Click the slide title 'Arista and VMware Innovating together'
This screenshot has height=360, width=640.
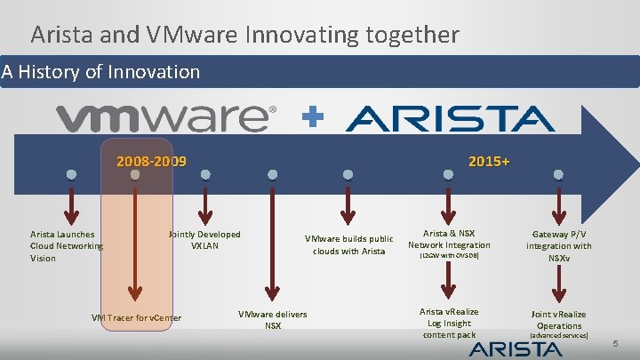click(x=244, y=35)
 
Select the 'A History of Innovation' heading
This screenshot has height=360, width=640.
click(x=101, y=71)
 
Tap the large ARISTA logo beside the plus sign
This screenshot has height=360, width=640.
click(x=450, y=118)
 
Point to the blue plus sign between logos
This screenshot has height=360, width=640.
click(x=311, y=117)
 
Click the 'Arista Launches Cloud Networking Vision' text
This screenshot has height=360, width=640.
click(x=67, y=246)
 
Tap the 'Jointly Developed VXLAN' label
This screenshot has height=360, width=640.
click(x=204, y=240)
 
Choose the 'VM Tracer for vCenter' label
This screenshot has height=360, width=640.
click(x=136, y=318)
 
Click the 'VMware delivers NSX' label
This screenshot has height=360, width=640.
click(x=273, y=320)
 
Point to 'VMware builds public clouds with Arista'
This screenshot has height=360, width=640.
click(x=348, y=244)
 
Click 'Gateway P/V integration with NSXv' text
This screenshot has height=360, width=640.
click(x=559, y=245)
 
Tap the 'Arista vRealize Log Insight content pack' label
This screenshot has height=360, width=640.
click(x=449, y=323)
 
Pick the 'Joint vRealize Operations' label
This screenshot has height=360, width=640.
click(x=559, y=320)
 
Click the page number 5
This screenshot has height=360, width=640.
click(x=618, y=343)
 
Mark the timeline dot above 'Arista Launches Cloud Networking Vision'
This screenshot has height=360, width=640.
click(x=71, y=174)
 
